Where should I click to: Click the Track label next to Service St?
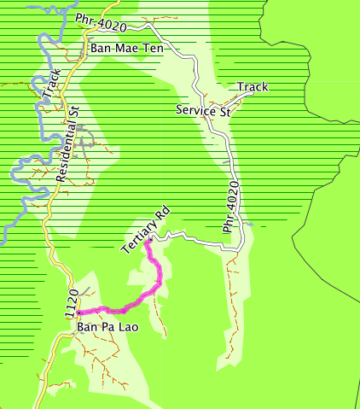click(253, 87)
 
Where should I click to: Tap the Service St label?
click(204, 110)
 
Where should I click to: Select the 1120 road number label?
click(73, 303)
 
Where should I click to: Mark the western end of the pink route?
click(78, 312)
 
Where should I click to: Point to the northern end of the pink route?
click(148, 242)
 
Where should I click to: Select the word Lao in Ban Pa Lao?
click(128, 326)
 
